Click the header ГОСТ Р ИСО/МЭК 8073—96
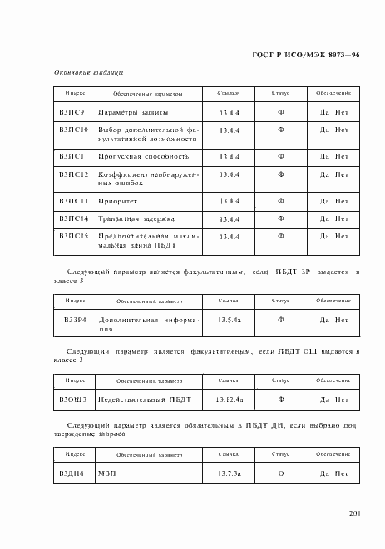(305, 55)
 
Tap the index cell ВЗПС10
(73, 131)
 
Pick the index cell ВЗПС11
(73, 155)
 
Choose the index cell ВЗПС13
(73, 200)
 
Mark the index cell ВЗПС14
(73, 218)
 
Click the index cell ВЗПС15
(73, 236)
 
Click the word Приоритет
(120, 200)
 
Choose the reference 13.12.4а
(230, 399)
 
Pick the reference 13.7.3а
(230, 473)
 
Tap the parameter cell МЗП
(108, 473)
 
